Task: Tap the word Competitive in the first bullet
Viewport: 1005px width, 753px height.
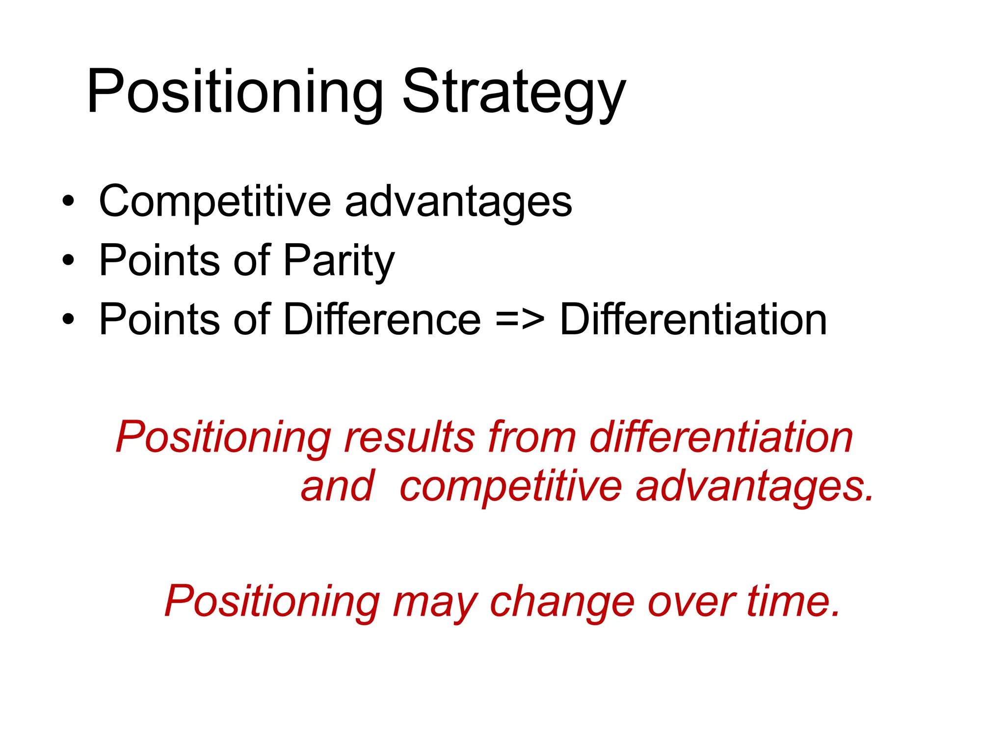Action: pyautogui.click(x=215, y=201)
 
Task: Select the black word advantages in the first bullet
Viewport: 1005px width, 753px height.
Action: pyautogui.click(x=458, y=202)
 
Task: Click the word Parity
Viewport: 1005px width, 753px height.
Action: pyautogui.click(x=339, y=261)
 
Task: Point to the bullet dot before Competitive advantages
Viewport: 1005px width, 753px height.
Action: pyautogui.click(x=68, y=201)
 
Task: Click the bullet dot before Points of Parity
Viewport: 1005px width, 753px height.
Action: pyautogui.click(x=68, y=260)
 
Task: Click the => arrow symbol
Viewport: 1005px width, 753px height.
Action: pyautogui.click(x=520, y=320)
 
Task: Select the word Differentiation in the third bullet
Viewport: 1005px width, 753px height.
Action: pyautogui.click(x=693, y=320)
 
